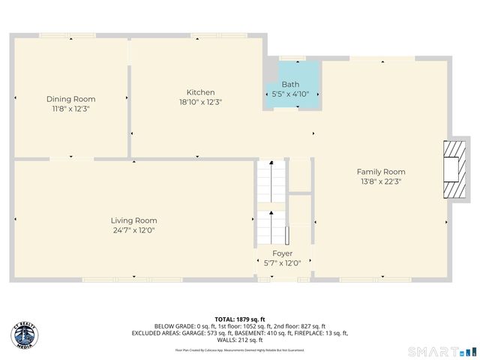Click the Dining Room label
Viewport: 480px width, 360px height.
(x=71, y=99)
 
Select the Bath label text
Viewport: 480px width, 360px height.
(x=290, y=85)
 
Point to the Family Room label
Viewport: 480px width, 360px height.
(x=381, y=172)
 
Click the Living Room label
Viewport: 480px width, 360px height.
(x=134, y=220)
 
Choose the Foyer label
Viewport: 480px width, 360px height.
(x=283, y=253)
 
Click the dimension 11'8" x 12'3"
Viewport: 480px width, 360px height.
(x=71, y=109)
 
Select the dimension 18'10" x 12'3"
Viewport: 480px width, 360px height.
(x=200, y=102)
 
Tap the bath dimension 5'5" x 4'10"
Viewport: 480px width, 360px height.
(x=290, y=94)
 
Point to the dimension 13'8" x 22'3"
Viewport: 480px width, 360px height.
(x=381, y=181)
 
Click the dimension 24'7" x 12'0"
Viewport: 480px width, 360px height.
(x=134, y=230)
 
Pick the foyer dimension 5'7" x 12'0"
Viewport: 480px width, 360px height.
(x=283, y=263)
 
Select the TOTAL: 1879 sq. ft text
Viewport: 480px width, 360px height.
(x=240, y=318)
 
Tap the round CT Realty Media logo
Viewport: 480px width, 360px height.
(x=25, y=335)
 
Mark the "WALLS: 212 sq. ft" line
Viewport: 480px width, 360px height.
(x=240, y=340)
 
